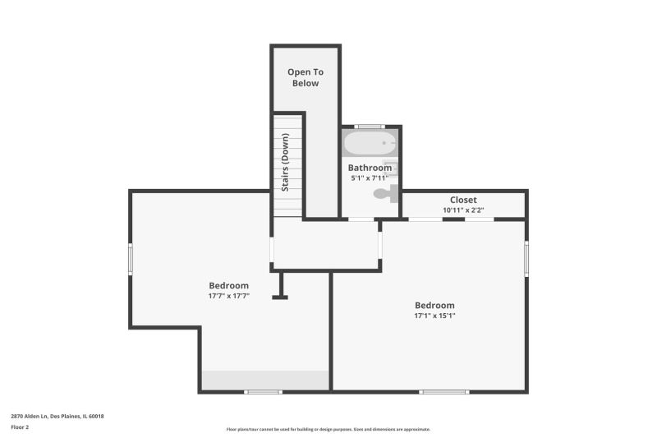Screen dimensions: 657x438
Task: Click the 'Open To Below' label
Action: tap(306, 77)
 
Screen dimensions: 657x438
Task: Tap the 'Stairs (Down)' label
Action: tap(285, 162)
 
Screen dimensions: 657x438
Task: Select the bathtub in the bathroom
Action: tap(370, 143)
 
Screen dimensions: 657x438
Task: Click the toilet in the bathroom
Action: tap(386, 194)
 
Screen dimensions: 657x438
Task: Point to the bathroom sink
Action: tap(390, 168)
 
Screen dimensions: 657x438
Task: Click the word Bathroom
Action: tap(370, 168)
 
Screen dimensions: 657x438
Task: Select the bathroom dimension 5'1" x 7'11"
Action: tap(370, 178)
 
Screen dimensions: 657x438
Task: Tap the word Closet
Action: tap(463, 200)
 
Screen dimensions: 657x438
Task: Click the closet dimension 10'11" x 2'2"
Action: tap(463, 210)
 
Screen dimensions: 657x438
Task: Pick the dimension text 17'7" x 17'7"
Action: tap(229, 296)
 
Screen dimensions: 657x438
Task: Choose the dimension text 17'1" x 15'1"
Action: tap(434, 316)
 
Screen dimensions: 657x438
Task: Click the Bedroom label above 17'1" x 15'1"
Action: tap(434, 305)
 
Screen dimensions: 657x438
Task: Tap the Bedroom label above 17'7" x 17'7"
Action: tap(229, 285)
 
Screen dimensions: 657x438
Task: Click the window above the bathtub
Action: tap(369, 127)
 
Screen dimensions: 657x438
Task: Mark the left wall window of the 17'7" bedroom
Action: tap(131, 260)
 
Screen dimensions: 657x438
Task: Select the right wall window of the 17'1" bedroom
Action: tap(526, 258)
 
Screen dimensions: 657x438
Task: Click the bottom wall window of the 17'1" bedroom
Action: tap(444, 392)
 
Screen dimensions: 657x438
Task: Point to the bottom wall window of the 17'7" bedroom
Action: tap(263, 392)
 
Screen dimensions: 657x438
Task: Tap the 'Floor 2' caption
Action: tap(20, 427)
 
